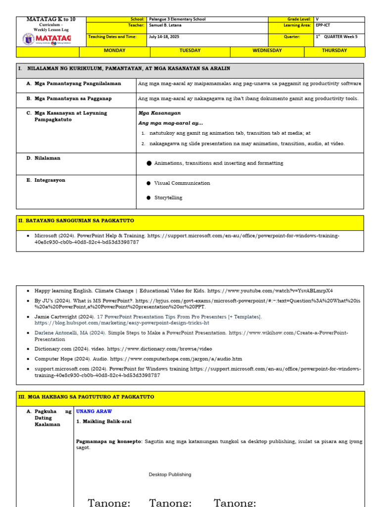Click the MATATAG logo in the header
(x=47, y=38)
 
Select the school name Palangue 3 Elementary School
(x=177, y=19)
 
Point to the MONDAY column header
(x=114, y=51)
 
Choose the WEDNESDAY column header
(x=267, y=51)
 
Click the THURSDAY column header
(x=334, y=51)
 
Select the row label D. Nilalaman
(x=44, y=158)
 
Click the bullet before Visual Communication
(x=148, y=183)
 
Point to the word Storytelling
(x=168, y=198)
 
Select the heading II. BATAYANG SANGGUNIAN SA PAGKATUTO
(x=76, y=221)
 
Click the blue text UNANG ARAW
(x=94, y=411)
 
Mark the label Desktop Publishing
(x=170, y=475)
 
